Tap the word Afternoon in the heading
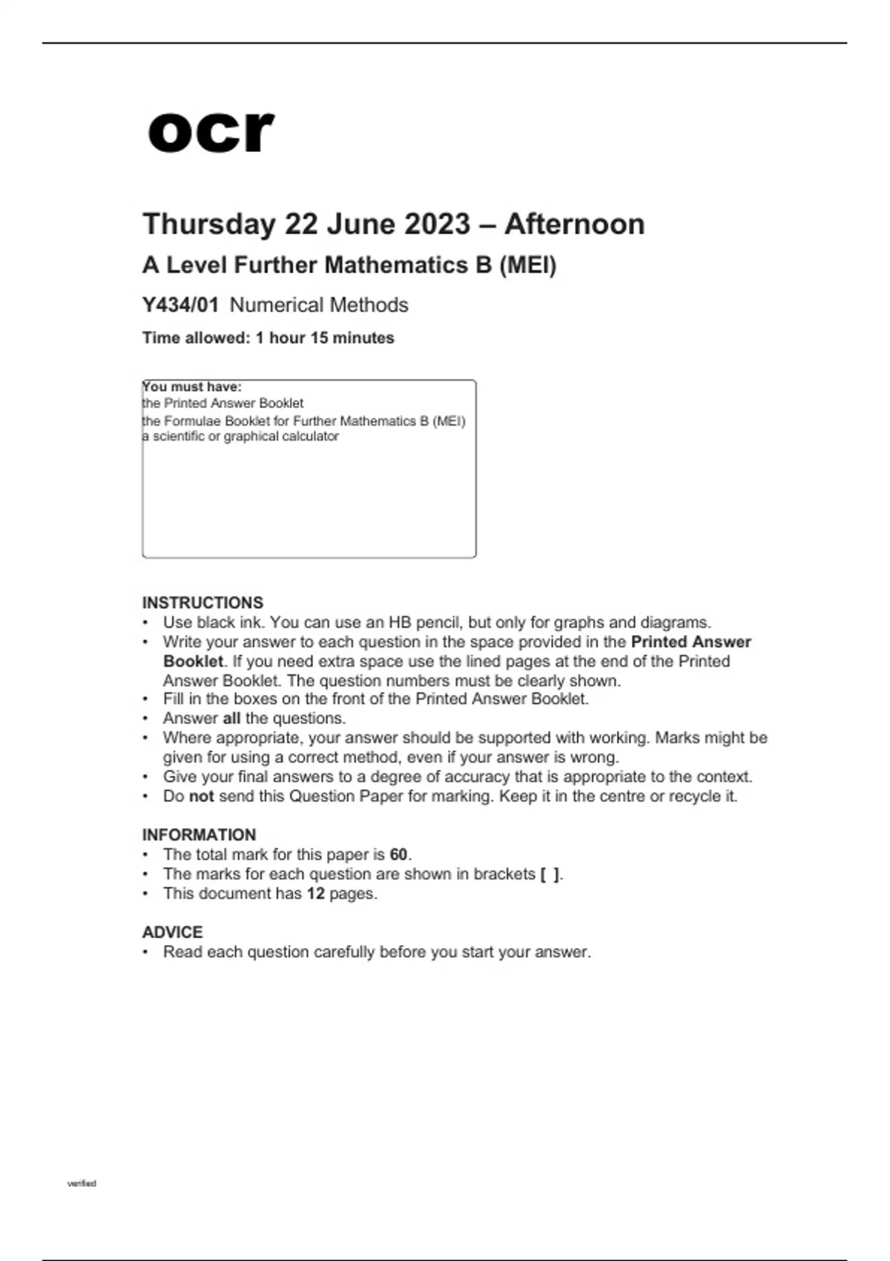coord(574,224)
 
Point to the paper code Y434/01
coord(180,305)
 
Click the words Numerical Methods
coord(319,305)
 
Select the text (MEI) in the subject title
coord(527,265)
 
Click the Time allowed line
coord(268,338)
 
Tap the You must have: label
coord(192,386)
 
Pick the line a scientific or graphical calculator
coord(240,436)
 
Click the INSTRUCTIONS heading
coord(202,602)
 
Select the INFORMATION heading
coord(199,834)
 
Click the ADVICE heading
coord(172,932)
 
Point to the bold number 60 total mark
coord(399,855)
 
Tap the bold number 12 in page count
coord(316,893)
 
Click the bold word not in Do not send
coord(201,796)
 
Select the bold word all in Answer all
coord(231,718)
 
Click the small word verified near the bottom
coord(82,1183)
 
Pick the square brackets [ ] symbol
coord(550,875)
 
